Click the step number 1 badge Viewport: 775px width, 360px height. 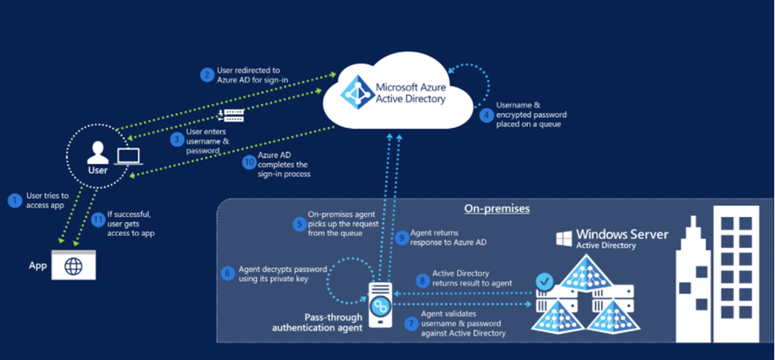click(x=14, y=201)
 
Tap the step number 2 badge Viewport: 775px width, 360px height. click(x=207, y=75)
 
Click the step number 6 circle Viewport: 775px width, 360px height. click(x=227, y=273)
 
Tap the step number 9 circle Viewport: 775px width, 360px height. click(x=401, y=236)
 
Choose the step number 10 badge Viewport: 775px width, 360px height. click(x=249, y=162)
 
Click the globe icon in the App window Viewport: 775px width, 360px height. click(x=74, y=267)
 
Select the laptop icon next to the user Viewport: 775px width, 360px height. click(x=126, y=157)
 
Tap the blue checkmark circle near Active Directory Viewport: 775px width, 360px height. click(x=544, y=281)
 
